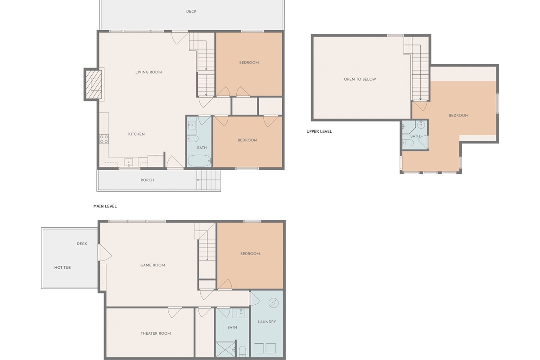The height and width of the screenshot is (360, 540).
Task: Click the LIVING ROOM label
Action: (x=148, y=72)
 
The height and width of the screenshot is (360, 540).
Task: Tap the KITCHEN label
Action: (x=136, y=134)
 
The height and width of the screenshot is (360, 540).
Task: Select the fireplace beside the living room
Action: (x=95, y=84)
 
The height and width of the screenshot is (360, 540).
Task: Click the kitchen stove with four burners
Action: (x=103, y=139)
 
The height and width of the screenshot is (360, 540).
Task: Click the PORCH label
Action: (x=147, y=180)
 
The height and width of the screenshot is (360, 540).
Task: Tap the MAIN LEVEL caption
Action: (x=105, y=206)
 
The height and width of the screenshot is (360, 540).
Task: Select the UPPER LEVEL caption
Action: (x=319, y=131)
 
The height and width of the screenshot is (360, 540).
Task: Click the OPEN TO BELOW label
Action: (x=360, y=79)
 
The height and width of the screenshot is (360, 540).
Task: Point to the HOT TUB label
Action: (x=63, y=268)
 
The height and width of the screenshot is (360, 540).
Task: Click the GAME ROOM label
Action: (x=153, y=265)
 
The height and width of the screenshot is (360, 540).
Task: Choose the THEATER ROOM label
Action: (x=156, y=333)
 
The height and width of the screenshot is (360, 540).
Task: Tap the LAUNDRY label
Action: (x=266, y=322)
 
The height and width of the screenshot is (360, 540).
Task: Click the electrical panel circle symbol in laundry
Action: (x=273, y=303)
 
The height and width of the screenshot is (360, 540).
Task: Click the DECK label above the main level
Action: (x=191, y=11)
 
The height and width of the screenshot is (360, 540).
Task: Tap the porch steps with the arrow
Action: (x=208, y=180)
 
